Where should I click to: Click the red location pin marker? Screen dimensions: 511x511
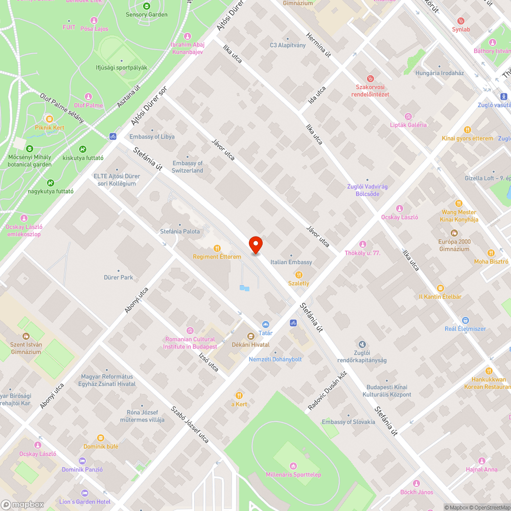(x=255, y=245)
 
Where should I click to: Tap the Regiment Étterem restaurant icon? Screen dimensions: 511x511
(x=217, y=248)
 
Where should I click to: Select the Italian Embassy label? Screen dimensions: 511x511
(x=291, y=262)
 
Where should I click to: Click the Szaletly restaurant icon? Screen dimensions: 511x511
(x=299, y=275)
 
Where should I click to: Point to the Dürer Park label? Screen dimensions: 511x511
(x=119, y=277)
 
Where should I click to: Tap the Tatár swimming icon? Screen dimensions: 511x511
(x=265, y=324)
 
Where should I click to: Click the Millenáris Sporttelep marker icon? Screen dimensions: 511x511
(x=293, y=466)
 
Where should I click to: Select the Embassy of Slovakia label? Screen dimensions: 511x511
(x=349, y=422)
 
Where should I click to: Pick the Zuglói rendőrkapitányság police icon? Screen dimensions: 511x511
(x=362, y=344)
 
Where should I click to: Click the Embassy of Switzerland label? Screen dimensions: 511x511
(x=187, y=167)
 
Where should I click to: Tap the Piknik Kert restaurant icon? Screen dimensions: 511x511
(x=49, y=118)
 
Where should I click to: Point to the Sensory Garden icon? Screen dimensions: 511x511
(x=147, y=6)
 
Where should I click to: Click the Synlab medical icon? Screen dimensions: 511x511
(x=461, y=21)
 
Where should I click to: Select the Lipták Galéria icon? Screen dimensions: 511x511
(x=408, y=117)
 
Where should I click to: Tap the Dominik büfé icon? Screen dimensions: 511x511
(x=100, y=438)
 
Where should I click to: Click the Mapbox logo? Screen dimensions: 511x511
(x=22, y=504)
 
